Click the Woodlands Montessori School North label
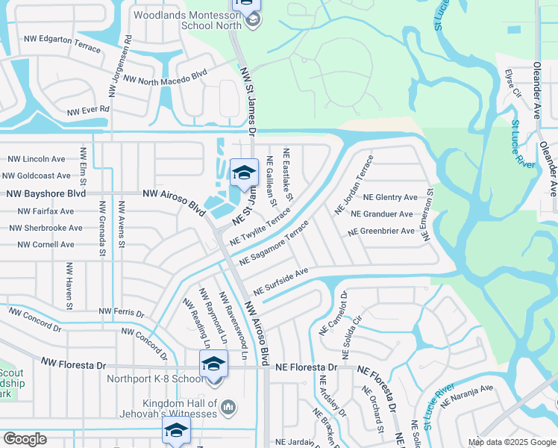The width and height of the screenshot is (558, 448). tap(187, 19)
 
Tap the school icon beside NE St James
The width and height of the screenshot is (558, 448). tap(243, 173)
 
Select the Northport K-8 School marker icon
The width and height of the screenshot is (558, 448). tap(213, 364)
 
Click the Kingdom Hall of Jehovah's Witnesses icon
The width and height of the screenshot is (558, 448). tap(229, 407)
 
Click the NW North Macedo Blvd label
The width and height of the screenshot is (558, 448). tap(164, 76)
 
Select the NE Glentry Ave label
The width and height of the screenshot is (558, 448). tap(390, 197)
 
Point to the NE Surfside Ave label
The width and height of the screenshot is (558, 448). tap(280, 281)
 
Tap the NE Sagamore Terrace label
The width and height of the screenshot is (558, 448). tap(274, 243)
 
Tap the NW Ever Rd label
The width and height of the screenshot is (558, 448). tap(88, 111)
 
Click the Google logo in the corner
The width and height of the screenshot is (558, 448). tap(25, 439)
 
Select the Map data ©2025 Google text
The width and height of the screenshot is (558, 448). tap(511, 442)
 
